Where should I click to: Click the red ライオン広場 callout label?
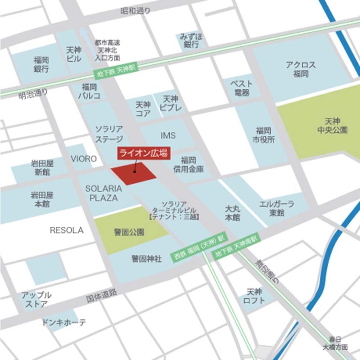pos(143,154)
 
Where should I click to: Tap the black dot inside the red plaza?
pos(135,171)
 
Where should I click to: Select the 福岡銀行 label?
pos(41,64)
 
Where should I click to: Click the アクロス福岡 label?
pos(300,69)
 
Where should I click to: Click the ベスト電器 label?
pos(241,88)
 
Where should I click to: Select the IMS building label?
pos(168,135)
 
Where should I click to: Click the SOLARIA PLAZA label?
pos(104,193)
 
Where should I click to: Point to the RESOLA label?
pos(67,230)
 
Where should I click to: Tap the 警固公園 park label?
pos(129,232)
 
